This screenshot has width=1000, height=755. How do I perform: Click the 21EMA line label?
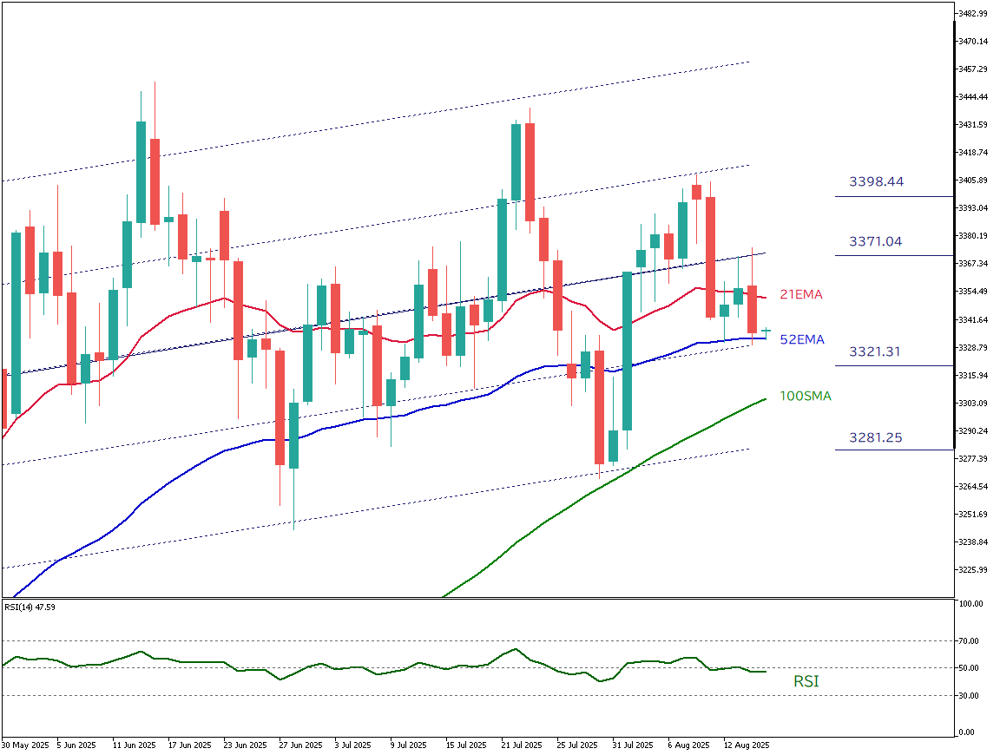coord(801,295)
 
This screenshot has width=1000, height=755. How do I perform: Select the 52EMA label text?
coord(801,340)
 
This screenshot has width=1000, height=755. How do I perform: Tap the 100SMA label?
coord(805,397)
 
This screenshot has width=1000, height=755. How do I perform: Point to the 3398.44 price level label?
coord(876,181)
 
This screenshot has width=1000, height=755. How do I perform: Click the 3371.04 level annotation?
coord(875,241)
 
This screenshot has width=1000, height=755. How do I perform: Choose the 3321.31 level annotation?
coord(875,351)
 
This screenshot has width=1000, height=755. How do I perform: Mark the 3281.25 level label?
coord(875,437)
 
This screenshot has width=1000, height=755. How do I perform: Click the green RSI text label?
coord(806,682)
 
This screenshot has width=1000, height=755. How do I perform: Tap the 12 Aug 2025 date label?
coord(747,745)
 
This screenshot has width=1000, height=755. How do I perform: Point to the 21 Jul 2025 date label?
coord(522,745)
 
